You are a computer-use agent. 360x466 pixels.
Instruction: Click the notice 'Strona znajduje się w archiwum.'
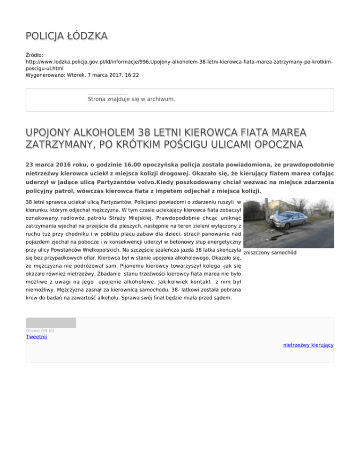131,99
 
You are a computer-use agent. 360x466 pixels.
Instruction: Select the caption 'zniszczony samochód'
270,253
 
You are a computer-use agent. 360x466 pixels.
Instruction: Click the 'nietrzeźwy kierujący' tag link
308,345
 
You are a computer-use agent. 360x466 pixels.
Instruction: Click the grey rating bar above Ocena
51,323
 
